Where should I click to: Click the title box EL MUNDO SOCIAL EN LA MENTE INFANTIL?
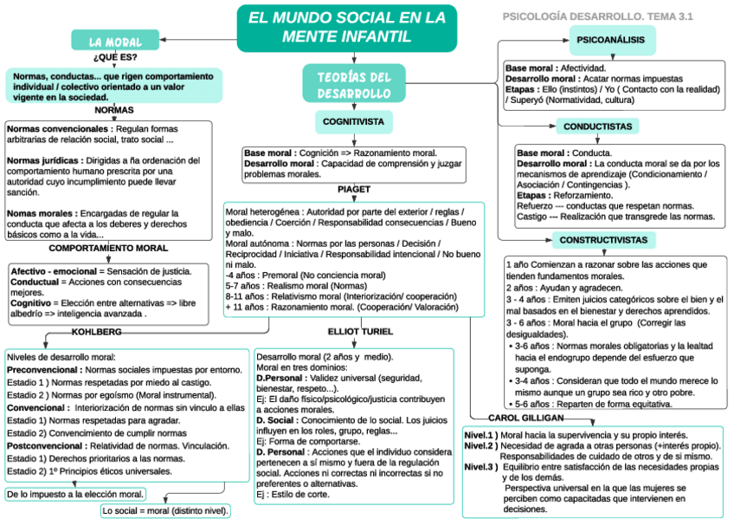(x=346, y=27)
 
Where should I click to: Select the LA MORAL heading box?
(x=116, y=42)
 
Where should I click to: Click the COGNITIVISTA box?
(x=353, y=122)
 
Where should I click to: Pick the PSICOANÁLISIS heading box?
(x=612, y=40)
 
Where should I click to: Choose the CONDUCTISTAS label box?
(x=597, y=127)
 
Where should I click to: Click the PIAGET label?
(x=353, y=189)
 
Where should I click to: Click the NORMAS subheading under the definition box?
(x=114, y=110)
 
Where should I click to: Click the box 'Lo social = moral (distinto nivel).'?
(x=165, y=511)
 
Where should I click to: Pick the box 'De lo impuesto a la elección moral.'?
(x=74, y=495)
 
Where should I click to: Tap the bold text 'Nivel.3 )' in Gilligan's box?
(x=480, y=467)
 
